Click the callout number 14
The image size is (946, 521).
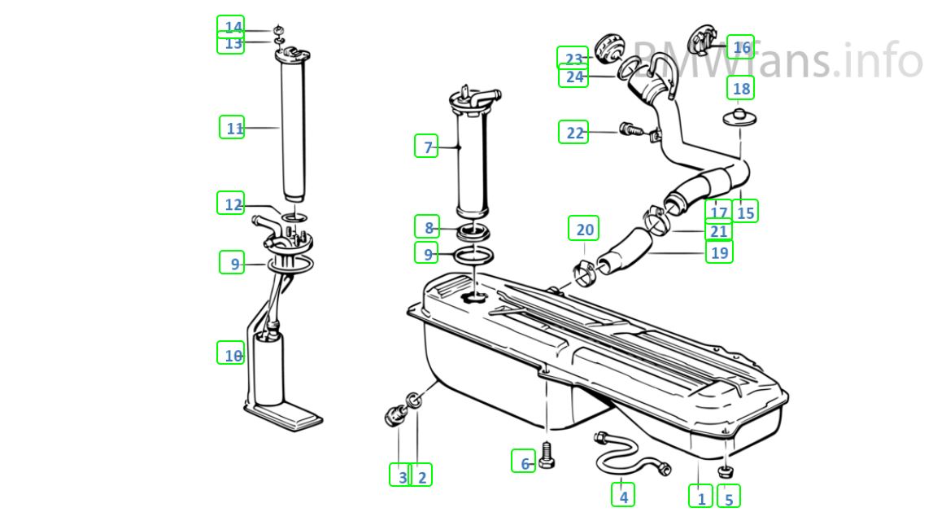[233, 27]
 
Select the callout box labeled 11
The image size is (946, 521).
[233, 128]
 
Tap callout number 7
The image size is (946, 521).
[427, 147]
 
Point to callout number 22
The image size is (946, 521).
[575, 132]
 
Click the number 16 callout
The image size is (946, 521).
[740, 48]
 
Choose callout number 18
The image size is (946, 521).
[741, 88]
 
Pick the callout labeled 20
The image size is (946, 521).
[585, 230]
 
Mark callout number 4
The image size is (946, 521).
[623, 495]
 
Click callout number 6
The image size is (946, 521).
[524, 462]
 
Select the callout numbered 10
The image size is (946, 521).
[232, 353]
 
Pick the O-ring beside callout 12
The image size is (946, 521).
[295, 217]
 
